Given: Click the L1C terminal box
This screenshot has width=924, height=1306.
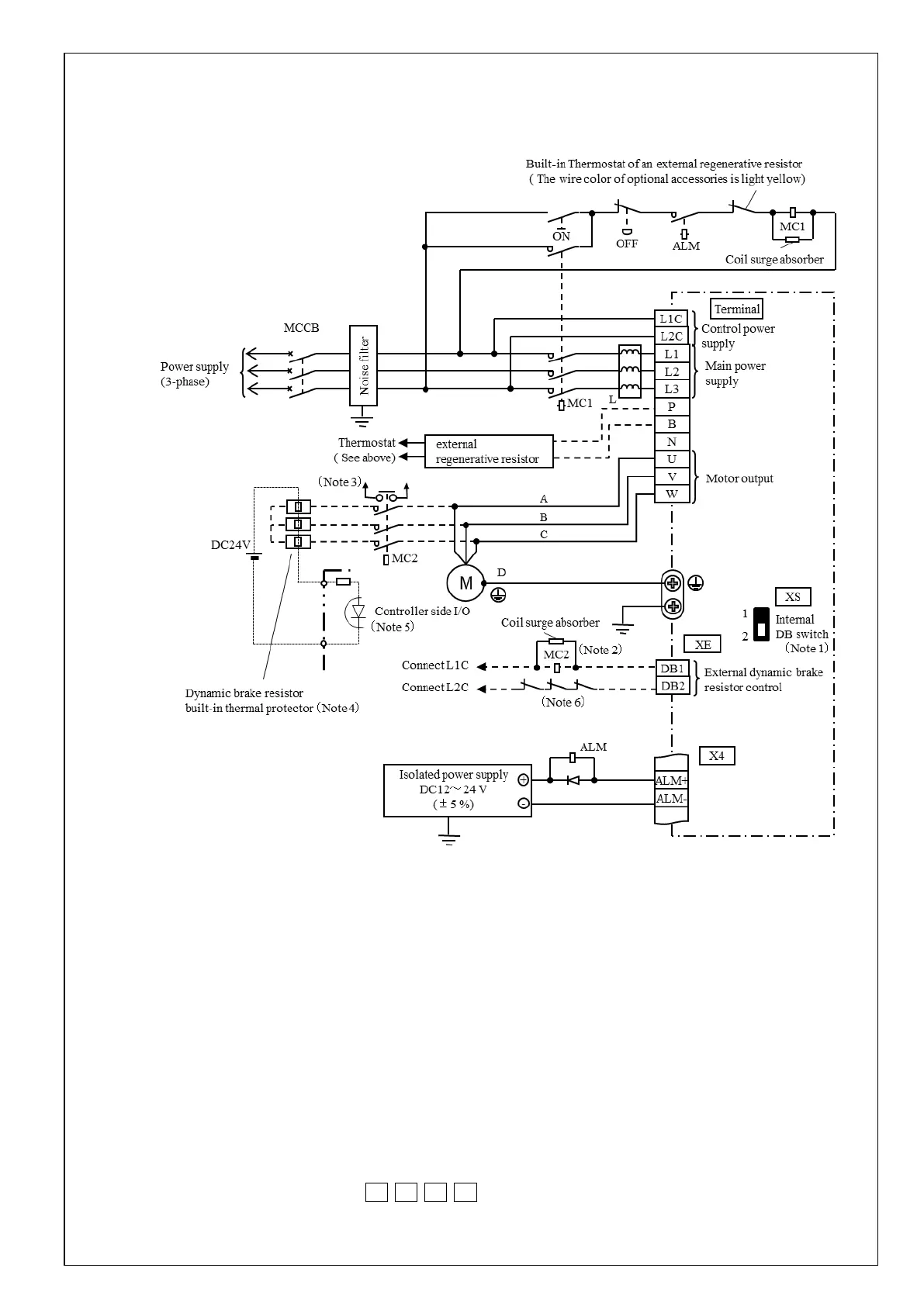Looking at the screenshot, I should coord(671,319).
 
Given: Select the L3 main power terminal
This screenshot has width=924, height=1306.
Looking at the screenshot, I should coord(671,389).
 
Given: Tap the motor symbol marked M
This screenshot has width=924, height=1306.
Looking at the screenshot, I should coord(465,583).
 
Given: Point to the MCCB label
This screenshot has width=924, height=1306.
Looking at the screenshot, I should coord(302,328).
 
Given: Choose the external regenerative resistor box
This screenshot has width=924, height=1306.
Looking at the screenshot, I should coord(489,451).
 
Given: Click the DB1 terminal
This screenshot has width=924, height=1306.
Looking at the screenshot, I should coord(672,669).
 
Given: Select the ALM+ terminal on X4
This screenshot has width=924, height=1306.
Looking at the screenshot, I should coord(671,781).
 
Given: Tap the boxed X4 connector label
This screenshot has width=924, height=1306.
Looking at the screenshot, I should coord(717,755).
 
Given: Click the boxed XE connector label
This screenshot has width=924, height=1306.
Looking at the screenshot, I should coord(702,644).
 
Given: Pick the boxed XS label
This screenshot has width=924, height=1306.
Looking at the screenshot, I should coord(792,596).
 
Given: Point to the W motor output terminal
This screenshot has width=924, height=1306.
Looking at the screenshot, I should coord(672,494).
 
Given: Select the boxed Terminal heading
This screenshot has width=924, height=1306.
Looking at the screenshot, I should coord(736,309).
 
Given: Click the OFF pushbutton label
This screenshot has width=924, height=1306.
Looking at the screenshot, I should coord(627,244).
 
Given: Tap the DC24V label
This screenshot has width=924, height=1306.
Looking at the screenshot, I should coord(230,545).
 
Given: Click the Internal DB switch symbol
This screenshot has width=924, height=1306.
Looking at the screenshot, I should coord(761,625).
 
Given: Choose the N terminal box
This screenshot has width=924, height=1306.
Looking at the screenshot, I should coord(672,442).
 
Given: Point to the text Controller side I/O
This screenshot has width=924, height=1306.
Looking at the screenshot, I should coord(422,611).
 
